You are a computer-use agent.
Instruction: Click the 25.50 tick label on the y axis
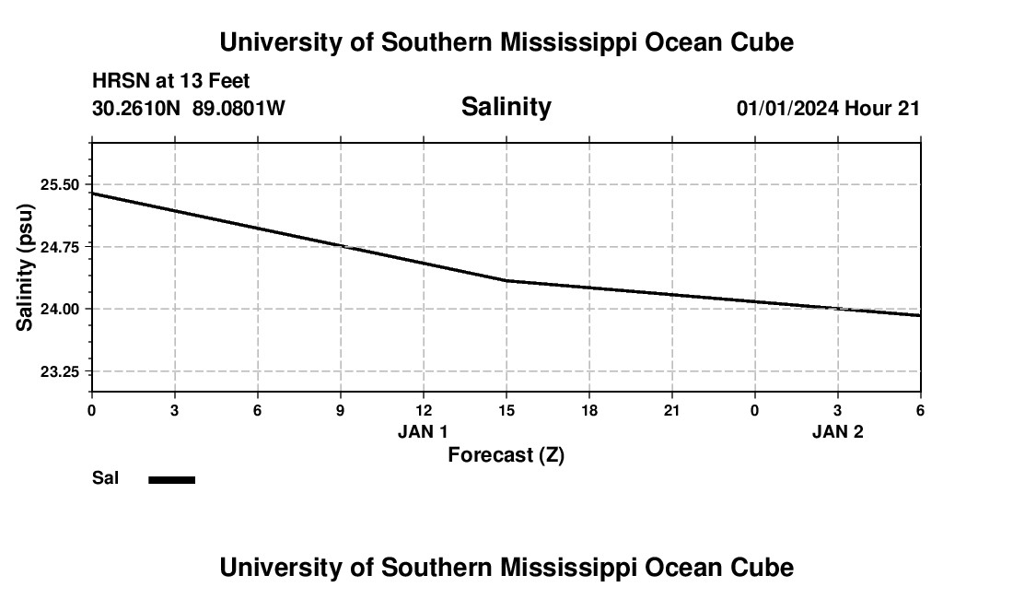click(61, 184)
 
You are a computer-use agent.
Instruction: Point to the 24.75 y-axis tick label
click(61, 247)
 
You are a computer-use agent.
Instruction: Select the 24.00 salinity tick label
click(61, 309)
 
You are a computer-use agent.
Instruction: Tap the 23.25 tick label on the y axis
click(61, 371)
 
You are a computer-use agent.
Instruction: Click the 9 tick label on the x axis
click(341, 411)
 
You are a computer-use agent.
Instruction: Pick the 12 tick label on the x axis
click(424, 411)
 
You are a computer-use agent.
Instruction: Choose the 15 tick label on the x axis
click(506, 411)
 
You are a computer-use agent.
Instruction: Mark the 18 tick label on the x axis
click(589, 411)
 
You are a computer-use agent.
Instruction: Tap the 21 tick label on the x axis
click(672, 411)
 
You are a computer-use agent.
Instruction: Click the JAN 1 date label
click(423, 432)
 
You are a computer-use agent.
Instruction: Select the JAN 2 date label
click(837, 432)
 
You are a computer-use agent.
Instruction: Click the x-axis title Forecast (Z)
click(506, 455)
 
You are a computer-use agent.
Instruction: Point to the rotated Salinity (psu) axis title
click(26, 267)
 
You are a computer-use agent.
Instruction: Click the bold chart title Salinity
click(506, 107)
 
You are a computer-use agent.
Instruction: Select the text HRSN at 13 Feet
click(171, 82)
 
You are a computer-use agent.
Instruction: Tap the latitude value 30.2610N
click(136, 109)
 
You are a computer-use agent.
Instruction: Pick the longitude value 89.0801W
click(239, 109)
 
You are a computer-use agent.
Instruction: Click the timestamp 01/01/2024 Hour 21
click(828, 109)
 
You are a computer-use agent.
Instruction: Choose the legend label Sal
click(106, 478)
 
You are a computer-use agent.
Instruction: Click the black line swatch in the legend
click(172, 479)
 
